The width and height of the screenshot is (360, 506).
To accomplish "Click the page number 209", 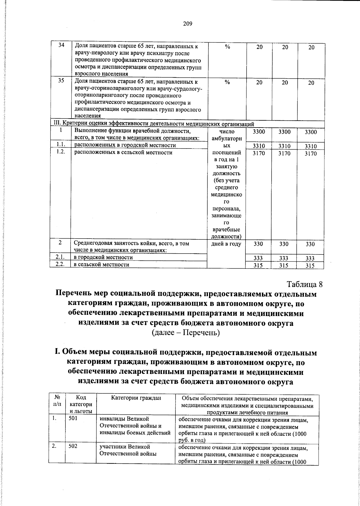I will pyautogui.click(x=187, y=24).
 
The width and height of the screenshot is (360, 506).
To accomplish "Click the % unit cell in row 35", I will pyautogui.click(x=227, y=82).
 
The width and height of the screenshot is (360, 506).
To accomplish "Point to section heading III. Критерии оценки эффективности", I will pyautogui.click(x=154, y=124).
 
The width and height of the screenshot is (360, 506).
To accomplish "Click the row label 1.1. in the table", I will pyautogui.click(x=61, y=145).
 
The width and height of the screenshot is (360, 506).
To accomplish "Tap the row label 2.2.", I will pyautogui.click(x=61, y=264).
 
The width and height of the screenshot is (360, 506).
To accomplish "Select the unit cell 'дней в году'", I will pyautogui.click(x=226, y=244).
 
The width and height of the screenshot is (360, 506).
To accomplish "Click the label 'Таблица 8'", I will pyautogui.click(x=304, y=284).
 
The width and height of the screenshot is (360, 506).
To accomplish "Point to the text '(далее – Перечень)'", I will pyautogui.click(x=186, y=333).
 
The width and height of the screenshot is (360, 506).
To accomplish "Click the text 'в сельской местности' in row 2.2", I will pyautogui.click(x=102, y=264).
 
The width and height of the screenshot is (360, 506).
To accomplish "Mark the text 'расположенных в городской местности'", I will pyautogui.click(x=125, y=145).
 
